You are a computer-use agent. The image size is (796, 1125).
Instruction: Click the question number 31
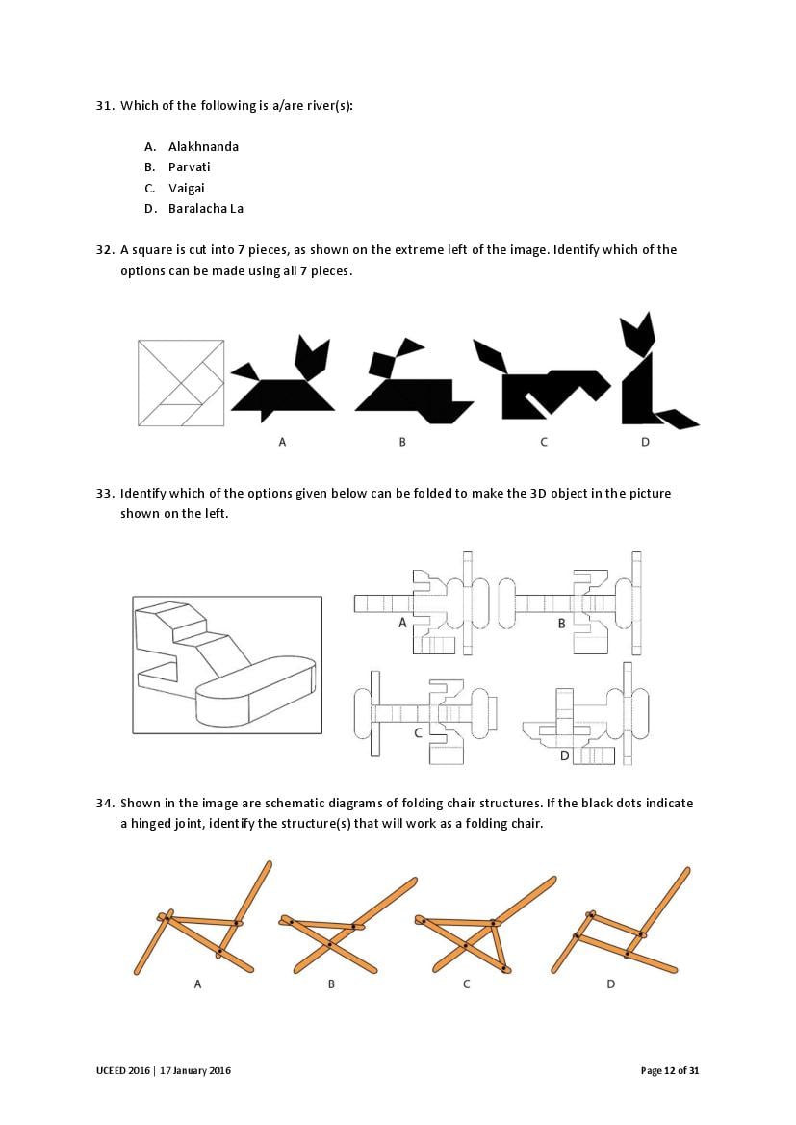105,106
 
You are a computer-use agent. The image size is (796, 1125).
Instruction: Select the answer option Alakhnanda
203,146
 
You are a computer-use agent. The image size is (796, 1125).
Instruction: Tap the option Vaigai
187,188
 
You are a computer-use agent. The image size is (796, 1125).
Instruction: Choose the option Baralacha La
206,209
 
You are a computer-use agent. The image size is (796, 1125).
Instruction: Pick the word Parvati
190,167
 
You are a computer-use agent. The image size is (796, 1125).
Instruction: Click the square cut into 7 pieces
181,382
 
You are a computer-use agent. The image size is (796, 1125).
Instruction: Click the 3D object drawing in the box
227,665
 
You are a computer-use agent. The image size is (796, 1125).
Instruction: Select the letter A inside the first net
402,623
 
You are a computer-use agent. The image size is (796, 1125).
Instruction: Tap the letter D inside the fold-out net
564,755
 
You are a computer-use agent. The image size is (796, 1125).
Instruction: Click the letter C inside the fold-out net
419,732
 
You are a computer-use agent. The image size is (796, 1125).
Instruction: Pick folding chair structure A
203,918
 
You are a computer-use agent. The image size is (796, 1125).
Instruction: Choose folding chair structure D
620,921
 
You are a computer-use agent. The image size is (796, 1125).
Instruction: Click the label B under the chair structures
331,984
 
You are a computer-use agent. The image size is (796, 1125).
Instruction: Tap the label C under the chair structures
467,984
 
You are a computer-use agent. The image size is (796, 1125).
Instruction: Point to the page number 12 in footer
670,1070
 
